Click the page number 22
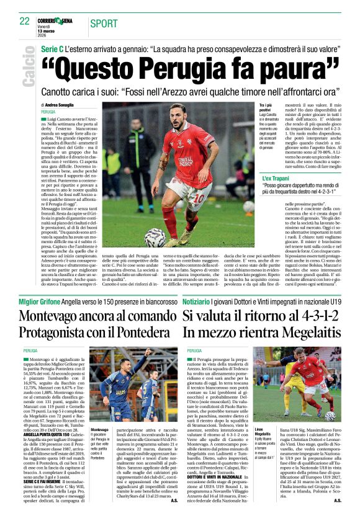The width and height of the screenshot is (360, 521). (25, 20)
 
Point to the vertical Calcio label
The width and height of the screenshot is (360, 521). (29, 70)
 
